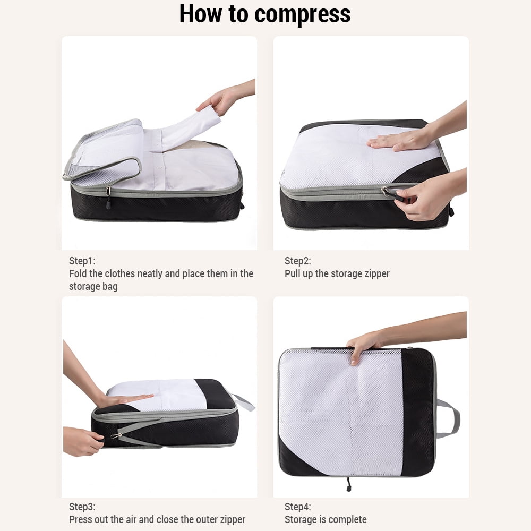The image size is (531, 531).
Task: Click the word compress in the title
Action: pyautogui.click(x=302, y=14)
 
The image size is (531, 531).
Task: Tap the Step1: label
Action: pyautogui.click(x=82, y=261)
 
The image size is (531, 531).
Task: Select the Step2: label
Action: pyautogui.click(x=298, y=261)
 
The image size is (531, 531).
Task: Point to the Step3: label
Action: pyautogui.click(x=82, y=507)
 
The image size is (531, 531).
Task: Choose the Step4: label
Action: pyautogui.click(x=298, y=507)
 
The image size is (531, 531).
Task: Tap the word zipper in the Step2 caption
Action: pyautogui.click(x=377, y=274)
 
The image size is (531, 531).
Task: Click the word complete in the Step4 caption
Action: pyautogui.click(x=350, y=520)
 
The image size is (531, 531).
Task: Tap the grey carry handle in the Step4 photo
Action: pyautogui.click(x=449, y=418)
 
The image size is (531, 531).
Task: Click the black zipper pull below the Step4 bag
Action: pyautogui.click(x=348, y=485)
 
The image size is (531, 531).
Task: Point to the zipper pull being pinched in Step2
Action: pyautogui.click(x=393, y=194)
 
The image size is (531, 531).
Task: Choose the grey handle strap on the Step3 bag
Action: pyautogui.click(x=243, y=402)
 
